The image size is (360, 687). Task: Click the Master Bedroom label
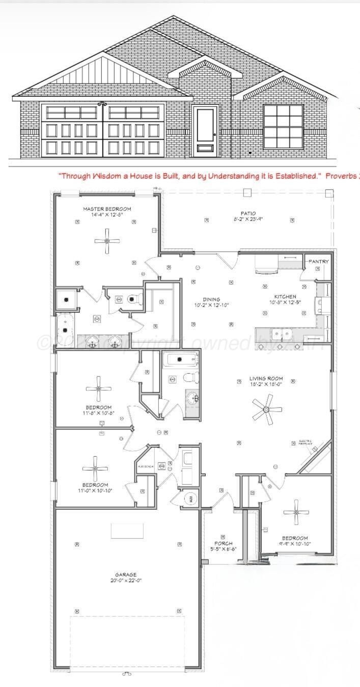click(107, 209)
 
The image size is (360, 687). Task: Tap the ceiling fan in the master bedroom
click(107, 240)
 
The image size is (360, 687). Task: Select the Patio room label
click(248, 213)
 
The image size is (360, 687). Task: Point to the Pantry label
click(319, 261)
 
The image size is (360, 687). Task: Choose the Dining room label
click(211, 299)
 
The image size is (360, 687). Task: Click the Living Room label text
click(266, 378)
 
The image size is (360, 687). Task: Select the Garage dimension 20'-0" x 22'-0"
click(125, 580)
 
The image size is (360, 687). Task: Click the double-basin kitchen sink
click(282, 335)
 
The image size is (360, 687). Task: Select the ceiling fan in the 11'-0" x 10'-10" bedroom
click(95, 467)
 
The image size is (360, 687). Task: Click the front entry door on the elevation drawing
click(206, 130)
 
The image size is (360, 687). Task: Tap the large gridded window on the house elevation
click(283, 126)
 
